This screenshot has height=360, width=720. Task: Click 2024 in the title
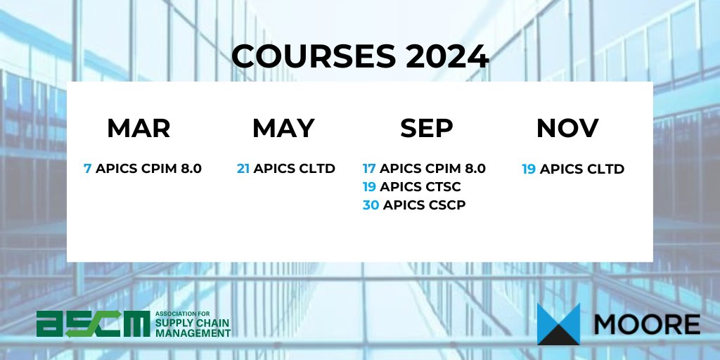click(447, 57)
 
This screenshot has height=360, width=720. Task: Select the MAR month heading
click(139, 128)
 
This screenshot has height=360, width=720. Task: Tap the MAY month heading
click(283, 128)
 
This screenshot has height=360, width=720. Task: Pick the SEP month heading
click(427, 128)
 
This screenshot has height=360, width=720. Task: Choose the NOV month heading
click(567, 128)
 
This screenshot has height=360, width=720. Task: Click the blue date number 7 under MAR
click(87, 169)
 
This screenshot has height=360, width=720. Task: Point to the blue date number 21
click(243, 169)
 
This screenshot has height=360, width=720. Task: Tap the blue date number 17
click(369, 169)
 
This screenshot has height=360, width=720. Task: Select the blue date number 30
click(371, 205)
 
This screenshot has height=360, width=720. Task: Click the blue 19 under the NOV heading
click(529, 169)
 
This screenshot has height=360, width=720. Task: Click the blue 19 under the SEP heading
click(369, 187)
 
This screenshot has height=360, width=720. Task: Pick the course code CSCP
click(444, 205)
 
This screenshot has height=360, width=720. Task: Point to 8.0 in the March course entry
click(188, 169)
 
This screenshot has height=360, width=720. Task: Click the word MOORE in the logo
click(647, 325)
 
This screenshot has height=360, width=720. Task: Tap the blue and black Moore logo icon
click(558, 324)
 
